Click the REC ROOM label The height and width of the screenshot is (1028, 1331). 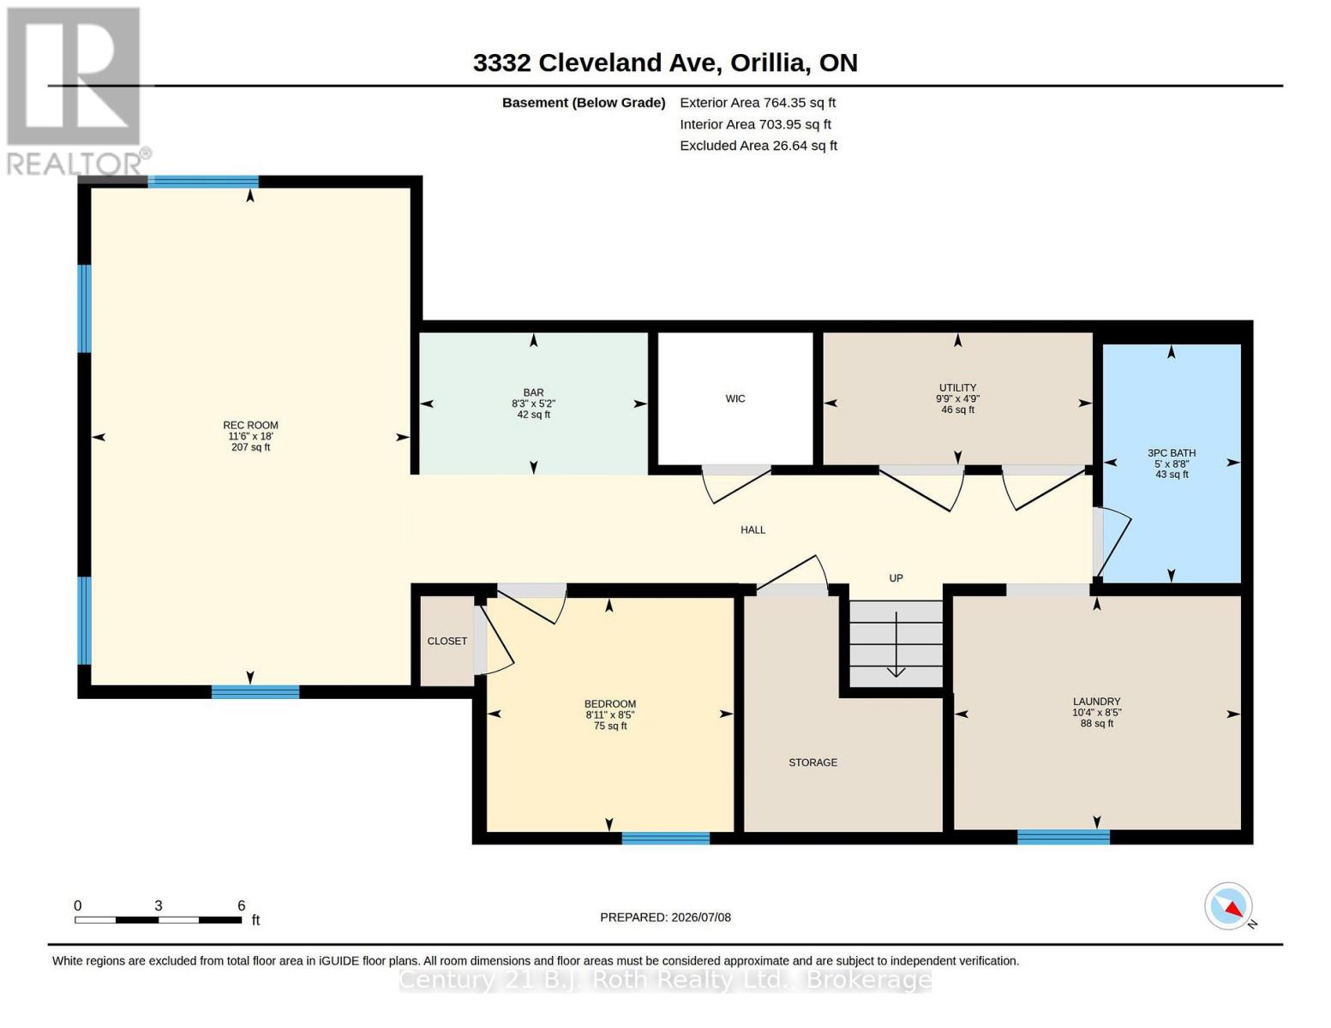point(250,425)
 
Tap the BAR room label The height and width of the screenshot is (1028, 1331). point(533,392)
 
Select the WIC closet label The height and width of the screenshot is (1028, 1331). point(735,398)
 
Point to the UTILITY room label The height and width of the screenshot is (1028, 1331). point(957,387)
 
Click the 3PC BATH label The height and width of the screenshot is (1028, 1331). point(1171,453)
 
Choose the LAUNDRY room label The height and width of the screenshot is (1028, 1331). point(1096,702)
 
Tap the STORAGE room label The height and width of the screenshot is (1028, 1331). point(812,762)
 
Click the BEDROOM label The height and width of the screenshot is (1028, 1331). point(610,704)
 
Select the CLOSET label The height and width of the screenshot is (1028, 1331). point(447,641)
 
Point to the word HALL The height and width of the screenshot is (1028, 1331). point(752,529)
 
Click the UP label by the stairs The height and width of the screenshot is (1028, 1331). point(896,578)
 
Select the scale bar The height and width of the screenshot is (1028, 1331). point(158,919)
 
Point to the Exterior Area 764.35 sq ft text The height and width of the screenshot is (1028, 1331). point(758,103)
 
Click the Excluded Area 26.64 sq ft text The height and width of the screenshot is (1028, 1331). point(758,146)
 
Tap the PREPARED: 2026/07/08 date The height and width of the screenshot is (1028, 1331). point(665,917)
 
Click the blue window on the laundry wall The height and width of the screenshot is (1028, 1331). point(1064,837)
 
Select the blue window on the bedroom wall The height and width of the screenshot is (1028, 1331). point(666,838)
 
